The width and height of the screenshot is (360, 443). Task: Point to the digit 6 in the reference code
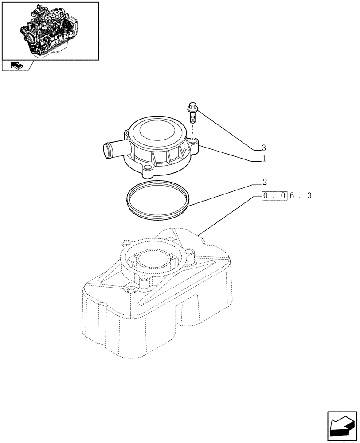tap(292, 195)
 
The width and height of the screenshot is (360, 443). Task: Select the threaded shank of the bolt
tap(192, 117)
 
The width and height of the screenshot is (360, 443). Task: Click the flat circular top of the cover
tap(157, 131)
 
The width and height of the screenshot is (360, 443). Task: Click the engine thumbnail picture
tap(50, 30)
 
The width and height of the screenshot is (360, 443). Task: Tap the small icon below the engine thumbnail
tap(16, 66)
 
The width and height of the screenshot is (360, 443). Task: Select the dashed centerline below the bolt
tap(192, 132)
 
